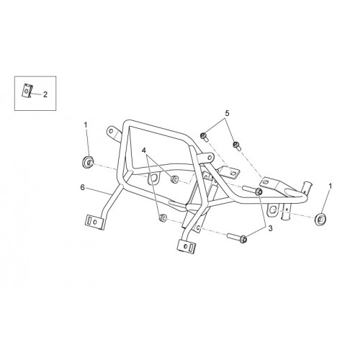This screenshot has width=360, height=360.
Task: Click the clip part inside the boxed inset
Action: point(27,91)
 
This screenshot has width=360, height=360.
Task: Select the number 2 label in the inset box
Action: point(45,94)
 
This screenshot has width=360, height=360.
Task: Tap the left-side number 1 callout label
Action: point(86,125)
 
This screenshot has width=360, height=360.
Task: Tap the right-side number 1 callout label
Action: point(330,186)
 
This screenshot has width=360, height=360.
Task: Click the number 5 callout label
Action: point(227,113)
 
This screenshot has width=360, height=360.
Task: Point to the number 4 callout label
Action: point(144,150)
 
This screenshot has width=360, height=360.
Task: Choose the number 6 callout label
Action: point(82,187)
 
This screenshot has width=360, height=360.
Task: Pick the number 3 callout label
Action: point(271,228)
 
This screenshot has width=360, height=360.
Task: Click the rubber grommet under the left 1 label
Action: point(87,162)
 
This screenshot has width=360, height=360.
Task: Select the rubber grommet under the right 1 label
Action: point(320,219)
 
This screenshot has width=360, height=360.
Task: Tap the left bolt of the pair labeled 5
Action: point(204,137)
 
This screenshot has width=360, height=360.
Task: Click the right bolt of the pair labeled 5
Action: point(238,145)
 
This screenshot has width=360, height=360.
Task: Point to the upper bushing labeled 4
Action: point(174,179)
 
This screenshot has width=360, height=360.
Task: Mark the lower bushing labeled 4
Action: point(163,217)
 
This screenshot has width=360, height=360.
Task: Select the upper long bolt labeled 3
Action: point(253,190)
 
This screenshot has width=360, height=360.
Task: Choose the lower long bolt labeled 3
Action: point(237,238)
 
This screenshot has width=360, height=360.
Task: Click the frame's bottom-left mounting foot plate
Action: point(95,222)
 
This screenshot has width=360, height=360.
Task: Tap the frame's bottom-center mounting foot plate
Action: point(186,246)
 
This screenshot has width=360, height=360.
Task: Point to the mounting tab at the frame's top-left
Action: point(113,132)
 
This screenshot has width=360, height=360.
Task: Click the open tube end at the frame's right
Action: point(307,186)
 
